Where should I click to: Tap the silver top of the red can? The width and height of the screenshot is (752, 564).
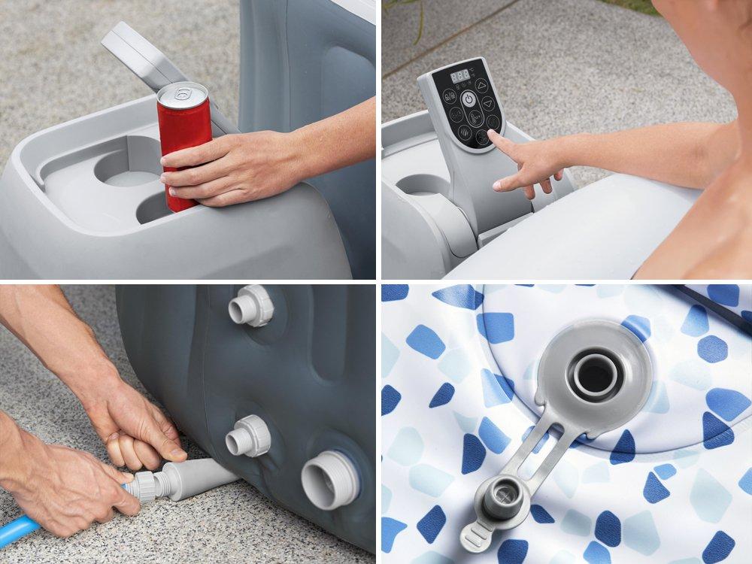pos(182,93)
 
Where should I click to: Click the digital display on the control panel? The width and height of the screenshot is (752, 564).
pos(459,77)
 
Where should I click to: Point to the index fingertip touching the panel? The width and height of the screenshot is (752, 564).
pos(493,135)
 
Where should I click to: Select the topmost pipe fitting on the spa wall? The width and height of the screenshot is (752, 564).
pos(250,306)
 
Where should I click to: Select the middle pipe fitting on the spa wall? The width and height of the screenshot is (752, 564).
pos(248,435)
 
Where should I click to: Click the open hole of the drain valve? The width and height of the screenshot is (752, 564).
pos(595,374)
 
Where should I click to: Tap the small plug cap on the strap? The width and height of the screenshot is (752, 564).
pos(497,499)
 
